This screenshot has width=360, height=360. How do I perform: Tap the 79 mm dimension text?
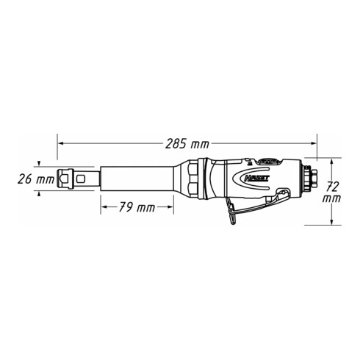point(137,207)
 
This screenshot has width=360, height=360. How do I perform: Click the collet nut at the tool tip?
point(76,179)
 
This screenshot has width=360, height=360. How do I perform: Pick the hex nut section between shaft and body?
point(192,179)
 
